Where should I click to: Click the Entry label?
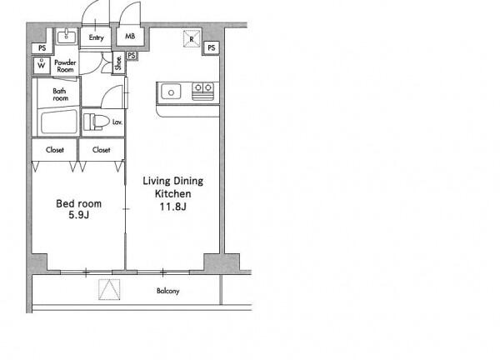point(97,37)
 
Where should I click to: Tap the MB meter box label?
point(130,37)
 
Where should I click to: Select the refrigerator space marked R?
point(192,39)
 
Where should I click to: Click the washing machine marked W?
point(42,65)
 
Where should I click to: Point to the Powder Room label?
point(65,66)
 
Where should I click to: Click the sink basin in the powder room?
point(67,37)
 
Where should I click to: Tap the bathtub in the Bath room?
point(59,122)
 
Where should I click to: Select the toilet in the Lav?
point(93,122)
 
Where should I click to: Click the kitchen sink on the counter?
point(171,92)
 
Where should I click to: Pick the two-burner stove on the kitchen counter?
point(202,91)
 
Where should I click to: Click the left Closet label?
point(55,149)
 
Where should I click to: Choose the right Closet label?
point(102,149)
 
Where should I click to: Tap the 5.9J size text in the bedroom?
point(79,215)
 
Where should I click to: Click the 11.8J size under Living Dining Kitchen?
point(172,207)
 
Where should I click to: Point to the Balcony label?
point(168,291)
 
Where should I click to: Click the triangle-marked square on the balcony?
point(109,289)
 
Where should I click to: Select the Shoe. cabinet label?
point(118,62)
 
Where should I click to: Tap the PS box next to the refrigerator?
point(211,47)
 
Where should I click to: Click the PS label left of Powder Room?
point(42,48)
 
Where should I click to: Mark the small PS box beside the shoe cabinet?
point(132,56)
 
